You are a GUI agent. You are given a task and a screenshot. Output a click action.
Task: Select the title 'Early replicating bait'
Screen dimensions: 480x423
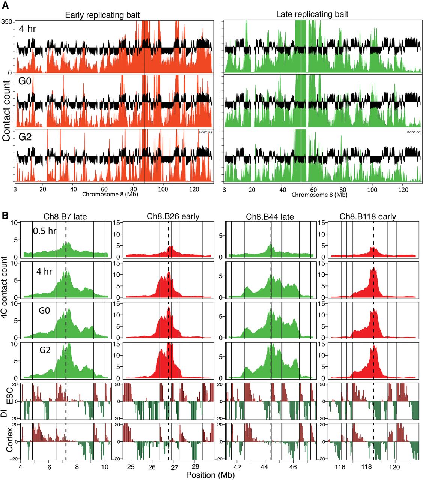[x=102, y=15]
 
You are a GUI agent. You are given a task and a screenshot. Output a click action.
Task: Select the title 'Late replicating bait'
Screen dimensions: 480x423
[x=312, y=14]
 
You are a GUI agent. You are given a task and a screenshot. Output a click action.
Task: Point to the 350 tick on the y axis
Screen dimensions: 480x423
[x=7, y=22]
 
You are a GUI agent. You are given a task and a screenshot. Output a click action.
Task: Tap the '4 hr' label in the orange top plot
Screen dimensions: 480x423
[x=27, y=28]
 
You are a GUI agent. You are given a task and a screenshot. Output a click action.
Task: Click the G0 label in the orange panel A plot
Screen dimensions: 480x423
[x=25, y=81]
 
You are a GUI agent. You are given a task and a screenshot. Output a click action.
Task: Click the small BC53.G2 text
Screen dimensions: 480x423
[x=414, y=132]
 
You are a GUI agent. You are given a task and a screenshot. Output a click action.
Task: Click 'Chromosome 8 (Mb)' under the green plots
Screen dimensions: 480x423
[x=319, y=195]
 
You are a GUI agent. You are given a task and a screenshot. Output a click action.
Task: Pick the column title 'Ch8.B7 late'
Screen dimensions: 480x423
[x=65, y=216]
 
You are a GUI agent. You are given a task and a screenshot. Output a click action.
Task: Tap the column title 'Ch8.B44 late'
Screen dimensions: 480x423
[x=270, y=217]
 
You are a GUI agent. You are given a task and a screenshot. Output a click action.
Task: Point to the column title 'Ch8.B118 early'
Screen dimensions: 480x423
[x=368, y=217]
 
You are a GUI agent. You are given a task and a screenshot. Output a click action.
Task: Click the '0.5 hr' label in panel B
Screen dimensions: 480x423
[x=44, y=231]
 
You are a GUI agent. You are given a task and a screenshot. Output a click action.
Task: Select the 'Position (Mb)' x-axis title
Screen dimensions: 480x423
[x=210, y=475]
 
